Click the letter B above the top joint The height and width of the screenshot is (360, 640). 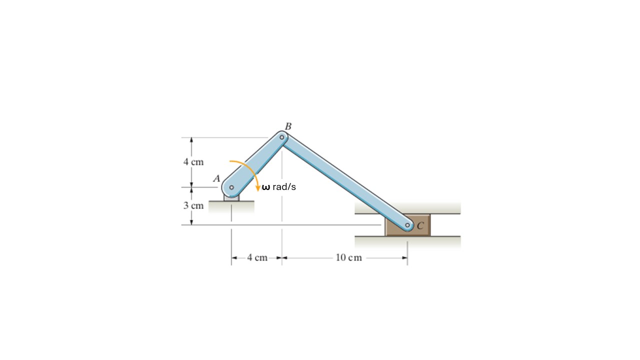288,126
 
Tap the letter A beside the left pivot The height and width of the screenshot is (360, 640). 217,178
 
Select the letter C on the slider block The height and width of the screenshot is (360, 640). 420,225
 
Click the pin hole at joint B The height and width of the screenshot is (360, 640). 282,137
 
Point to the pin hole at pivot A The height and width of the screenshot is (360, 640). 231,187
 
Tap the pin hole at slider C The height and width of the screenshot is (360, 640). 407,225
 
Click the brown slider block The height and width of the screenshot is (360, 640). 407,225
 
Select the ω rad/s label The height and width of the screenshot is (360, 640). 279,187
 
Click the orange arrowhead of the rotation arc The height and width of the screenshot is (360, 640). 257,188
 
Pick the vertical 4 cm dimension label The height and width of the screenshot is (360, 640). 193,162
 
